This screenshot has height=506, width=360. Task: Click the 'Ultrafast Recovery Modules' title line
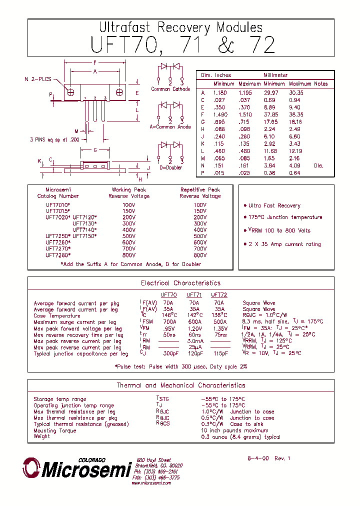coord(180,27)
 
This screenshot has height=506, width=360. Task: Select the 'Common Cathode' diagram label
coord(170,89)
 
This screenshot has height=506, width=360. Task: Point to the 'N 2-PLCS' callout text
coord(38,79)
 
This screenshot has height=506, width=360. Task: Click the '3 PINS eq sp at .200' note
coord(54,140)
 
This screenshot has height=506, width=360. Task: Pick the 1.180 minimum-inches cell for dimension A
coord(220,92)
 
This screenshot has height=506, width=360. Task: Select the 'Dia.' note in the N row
coord(318,165)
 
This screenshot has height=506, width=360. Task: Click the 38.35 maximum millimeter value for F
coord(295,114)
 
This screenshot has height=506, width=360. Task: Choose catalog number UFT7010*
coord(58,205)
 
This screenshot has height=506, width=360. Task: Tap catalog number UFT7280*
coord(58,255)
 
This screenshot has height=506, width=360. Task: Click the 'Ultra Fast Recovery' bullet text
coord(274,205)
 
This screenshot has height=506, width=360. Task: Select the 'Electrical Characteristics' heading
coord(180,283)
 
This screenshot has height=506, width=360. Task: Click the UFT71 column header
coord(194,295)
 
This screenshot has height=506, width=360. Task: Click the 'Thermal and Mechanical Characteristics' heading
coord(180,385)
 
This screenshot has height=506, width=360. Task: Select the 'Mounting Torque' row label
coord(55,430)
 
